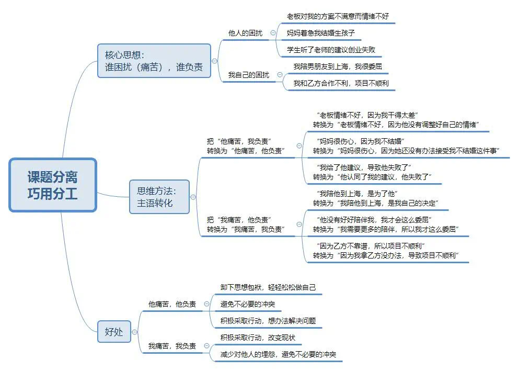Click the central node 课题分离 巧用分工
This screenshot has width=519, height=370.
(53, 185)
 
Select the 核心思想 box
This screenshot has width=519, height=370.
(154, 61)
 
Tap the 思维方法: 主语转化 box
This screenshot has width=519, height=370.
(159, 196)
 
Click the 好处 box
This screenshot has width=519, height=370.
(114, 331)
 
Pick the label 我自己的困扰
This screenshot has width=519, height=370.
(249, 75)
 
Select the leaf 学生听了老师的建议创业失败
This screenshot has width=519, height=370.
(331, 50)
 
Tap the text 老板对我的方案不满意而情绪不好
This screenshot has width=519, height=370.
(338, 16)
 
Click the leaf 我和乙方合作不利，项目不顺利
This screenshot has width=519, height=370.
(341, 83)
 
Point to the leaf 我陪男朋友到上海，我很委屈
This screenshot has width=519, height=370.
(341, 66)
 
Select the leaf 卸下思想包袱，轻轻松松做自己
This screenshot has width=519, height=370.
(268, 287)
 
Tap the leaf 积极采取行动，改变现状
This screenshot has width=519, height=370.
(258, 338)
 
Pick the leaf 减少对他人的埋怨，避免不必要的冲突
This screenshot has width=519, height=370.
(278, 354)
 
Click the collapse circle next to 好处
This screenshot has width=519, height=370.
(134, 332)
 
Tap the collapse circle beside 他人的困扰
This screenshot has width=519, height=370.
(273, 33)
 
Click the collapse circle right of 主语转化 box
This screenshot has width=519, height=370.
(193, 197)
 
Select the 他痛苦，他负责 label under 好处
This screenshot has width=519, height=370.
(172, 304)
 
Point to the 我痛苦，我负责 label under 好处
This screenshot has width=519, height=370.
(172, 346)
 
